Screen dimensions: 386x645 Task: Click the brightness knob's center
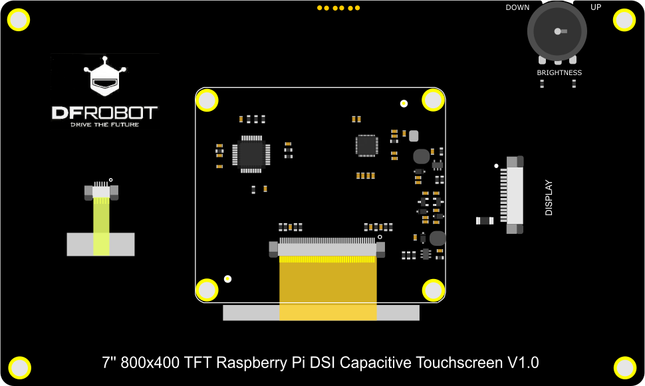click(557, 31)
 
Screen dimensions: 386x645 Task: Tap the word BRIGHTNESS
click(559, 73)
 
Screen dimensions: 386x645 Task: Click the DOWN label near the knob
click(517, 8)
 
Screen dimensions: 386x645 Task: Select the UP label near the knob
click(596, 8)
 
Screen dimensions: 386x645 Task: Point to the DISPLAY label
click(549, 198)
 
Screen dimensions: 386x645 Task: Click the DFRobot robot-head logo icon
click(104, 77)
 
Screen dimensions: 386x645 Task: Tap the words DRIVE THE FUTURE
click(104, 124)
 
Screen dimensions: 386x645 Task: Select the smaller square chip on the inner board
click(366, 145)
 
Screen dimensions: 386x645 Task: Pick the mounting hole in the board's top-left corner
click(19, 21)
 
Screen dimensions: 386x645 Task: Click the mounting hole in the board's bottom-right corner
click(625, 367)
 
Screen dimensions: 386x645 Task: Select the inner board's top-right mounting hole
click(434, 100)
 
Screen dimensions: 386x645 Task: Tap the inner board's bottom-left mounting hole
click(207, 290)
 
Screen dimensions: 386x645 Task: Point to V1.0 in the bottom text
click(523, 363)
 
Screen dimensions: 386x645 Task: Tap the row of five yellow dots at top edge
click(338, 8)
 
